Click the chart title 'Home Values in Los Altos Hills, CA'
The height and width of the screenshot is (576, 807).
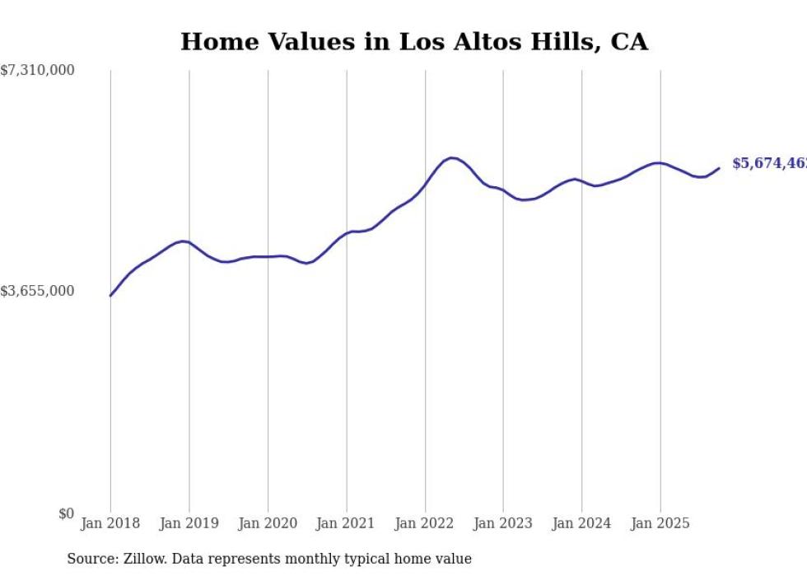(x=414, y=42)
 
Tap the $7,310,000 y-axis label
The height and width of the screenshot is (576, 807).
(x=37, y=71)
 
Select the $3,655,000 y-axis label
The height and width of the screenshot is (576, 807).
(x=37, y=291)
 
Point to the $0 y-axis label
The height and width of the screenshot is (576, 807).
(x=66, y=514)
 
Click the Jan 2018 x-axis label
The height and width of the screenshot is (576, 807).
(x=110, y=523)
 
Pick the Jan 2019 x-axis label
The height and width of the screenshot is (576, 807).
(x=189, y=523)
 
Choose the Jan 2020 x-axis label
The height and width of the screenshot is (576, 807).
(x=268, y=523)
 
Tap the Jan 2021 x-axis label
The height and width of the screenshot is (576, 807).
(x=346, y=523)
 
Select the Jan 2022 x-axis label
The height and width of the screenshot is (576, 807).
(x=425, y=523)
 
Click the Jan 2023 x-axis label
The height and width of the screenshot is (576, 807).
(x=503, y=523)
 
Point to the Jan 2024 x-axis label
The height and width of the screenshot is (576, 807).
(x=582, y=523)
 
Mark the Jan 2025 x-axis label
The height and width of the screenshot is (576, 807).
(x=660, y=523)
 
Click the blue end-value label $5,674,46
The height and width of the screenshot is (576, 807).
(x=769, y=163)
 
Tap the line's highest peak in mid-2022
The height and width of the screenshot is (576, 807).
(x=451, y=157)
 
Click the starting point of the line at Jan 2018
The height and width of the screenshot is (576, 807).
(x=110, y=296)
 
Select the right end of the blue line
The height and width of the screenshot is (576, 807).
(x=719, y=168)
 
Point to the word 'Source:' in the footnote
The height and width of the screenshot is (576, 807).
(x=93, y=559)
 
